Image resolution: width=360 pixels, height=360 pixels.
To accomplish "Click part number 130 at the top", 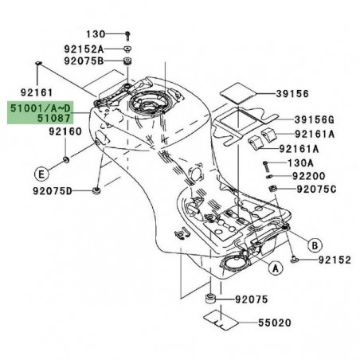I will click(96, 34).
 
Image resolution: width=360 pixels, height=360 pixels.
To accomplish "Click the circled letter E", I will click(39, 171).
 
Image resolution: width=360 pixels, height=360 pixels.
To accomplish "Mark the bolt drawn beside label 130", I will click(128, 35).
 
